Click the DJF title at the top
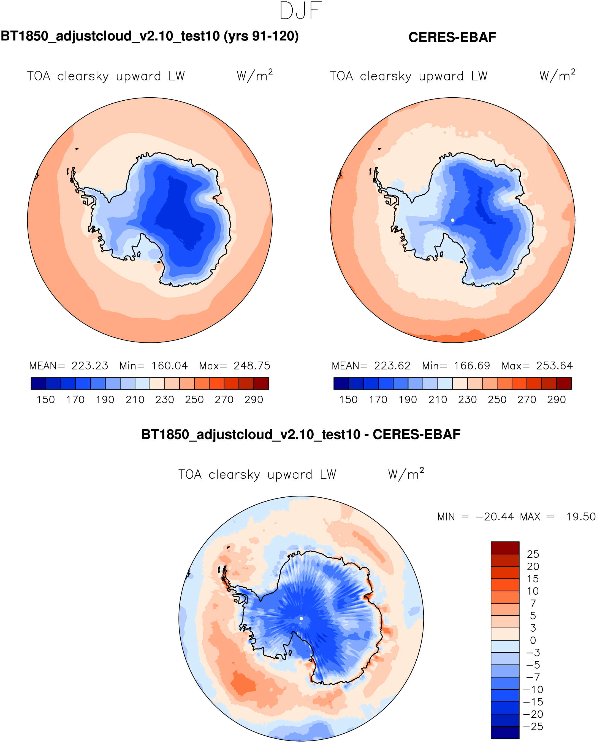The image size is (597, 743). point(301,11)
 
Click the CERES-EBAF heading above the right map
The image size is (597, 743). point(452,37)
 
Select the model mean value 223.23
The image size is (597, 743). point(89,366)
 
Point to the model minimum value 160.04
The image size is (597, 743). point(169,366)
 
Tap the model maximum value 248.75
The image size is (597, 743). point(252,366)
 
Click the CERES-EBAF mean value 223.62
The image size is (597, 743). point(392,366)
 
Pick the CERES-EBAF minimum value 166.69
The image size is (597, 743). point(472,366)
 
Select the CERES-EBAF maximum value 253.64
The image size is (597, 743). point(554,366)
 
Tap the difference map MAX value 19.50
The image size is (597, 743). point(581,517)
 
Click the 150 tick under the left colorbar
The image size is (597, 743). point(46,400)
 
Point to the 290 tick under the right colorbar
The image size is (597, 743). point(556,400)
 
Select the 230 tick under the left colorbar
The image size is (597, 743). point(165,400)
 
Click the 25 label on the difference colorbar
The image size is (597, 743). point(533,554)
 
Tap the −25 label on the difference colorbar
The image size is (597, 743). point(533,726)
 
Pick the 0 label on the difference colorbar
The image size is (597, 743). point(533,640)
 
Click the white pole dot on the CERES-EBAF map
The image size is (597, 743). point(452,220)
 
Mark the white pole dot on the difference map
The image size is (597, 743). point(301,619)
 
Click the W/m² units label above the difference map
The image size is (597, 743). point(406,474)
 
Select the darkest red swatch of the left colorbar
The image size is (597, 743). point(261,383)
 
